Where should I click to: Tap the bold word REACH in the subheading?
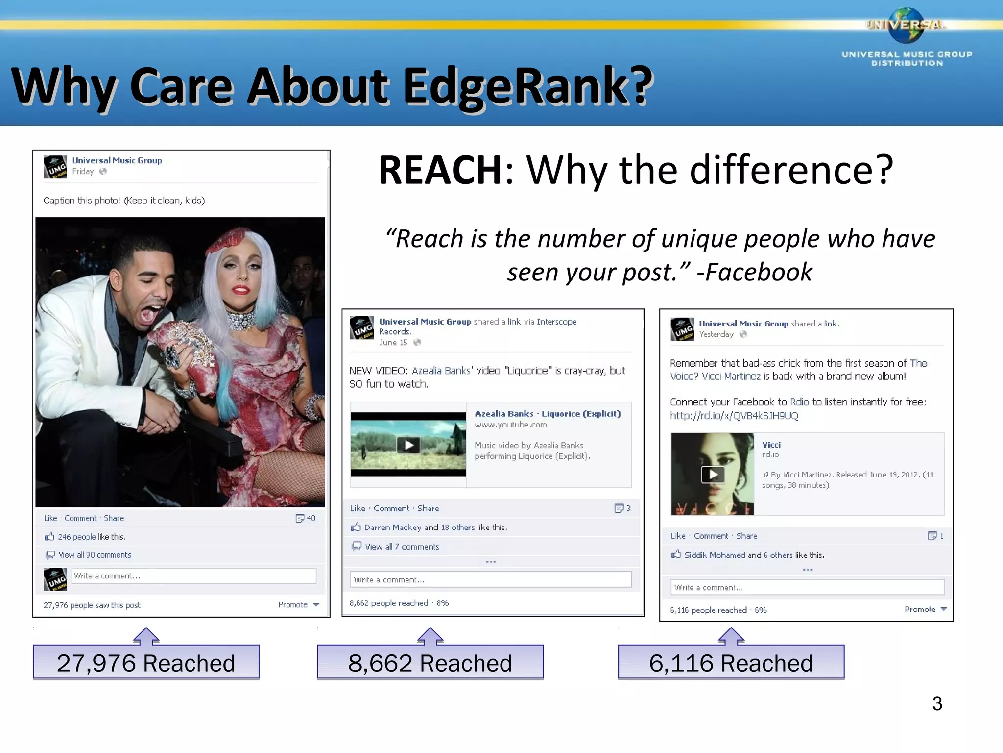point(440,170)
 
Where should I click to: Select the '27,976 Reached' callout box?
point(146,662)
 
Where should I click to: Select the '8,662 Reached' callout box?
point(430,662)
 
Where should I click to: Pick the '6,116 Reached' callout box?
point(731,662)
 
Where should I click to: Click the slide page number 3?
point(937,703)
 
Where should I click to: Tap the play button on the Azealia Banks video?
point(408,445)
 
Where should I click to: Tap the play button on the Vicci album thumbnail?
point(713,474)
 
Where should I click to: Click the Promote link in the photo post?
point(293,604)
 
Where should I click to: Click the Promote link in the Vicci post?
point(920,609)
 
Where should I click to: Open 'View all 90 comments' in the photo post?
point(95,555)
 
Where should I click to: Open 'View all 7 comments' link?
point(402,547)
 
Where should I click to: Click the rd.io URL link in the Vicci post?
point(734,416)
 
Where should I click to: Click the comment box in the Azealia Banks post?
point(490,579)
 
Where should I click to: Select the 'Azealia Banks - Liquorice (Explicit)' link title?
point(547,413)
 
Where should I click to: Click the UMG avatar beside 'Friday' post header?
point(55,167)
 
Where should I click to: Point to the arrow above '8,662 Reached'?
point(430,635)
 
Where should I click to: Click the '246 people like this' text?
point(92,537)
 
